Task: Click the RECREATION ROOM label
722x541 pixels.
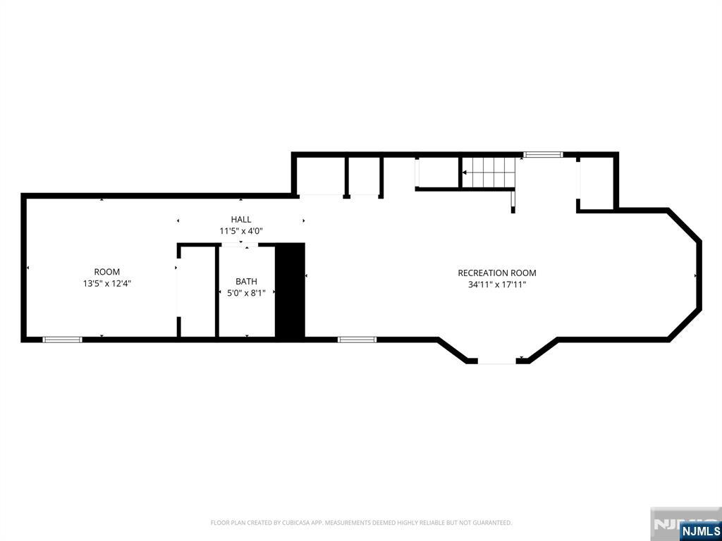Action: point(497,273)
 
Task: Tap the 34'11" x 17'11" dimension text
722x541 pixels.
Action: point(497,285)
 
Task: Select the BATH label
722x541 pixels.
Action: point(246,282)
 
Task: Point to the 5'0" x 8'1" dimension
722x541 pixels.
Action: point(246,293)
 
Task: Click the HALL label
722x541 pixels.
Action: point(241,220)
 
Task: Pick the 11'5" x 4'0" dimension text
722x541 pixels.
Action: point(241,231)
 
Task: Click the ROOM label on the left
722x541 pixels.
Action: point(107,272)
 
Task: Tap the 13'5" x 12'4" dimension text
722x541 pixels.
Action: point(107,284)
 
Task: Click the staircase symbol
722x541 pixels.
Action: point(488,173)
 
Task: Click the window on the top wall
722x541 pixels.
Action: point(543,154)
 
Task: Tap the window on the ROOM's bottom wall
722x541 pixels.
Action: point(62,340)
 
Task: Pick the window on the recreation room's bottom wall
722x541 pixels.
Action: point(357,340)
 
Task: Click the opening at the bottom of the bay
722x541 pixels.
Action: point(497,362)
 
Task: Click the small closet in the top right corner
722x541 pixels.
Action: point(596,184)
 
